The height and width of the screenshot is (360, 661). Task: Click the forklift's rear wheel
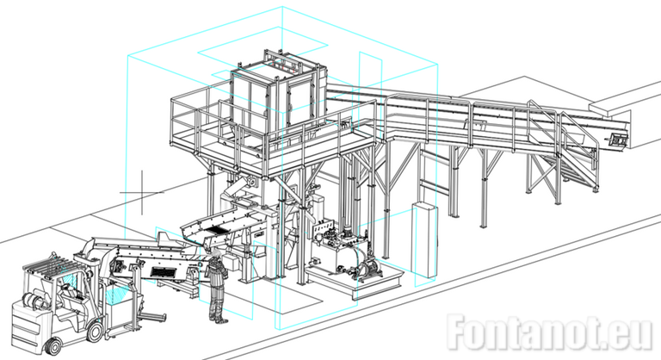53,346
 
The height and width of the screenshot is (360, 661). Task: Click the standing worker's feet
217,319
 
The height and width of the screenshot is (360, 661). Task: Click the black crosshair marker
142,192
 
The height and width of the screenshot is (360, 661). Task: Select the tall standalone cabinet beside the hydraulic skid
423,239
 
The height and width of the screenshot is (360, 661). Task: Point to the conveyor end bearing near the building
616,140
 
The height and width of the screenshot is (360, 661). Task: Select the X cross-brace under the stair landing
544,177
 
